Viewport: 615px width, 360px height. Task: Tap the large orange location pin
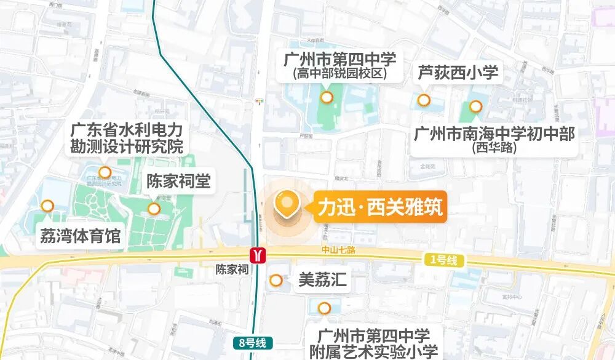click(x=287, y=204)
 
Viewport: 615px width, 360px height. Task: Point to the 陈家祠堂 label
click(x=178, y=182)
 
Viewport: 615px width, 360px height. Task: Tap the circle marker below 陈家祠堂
click(x=154, y=209)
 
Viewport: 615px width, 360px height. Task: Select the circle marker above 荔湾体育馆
click(x=47, y=206)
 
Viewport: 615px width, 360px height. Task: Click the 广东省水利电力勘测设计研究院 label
click(x=127, y=138)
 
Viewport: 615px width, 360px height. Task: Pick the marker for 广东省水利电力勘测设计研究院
click(x=105, y=172)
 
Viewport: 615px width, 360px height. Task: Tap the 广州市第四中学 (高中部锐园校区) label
click(x=339, y=66)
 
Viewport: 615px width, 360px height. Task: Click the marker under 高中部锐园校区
click(x=327, y=97)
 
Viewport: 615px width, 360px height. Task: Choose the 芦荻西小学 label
click(x=458, y=73)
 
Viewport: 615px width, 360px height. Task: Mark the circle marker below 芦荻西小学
click(x=424, y=100)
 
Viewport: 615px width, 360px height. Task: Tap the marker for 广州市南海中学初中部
click(x=475, y=106)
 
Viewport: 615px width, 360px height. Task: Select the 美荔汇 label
click(x=322, y=281)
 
